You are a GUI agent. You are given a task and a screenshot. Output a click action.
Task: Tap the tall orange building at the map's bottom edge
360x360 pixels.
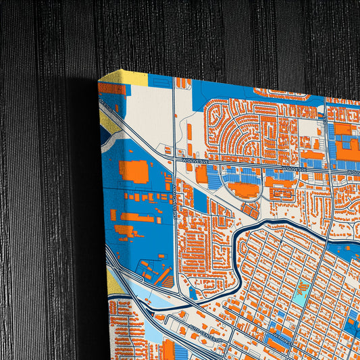click(x=168, y=350)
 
